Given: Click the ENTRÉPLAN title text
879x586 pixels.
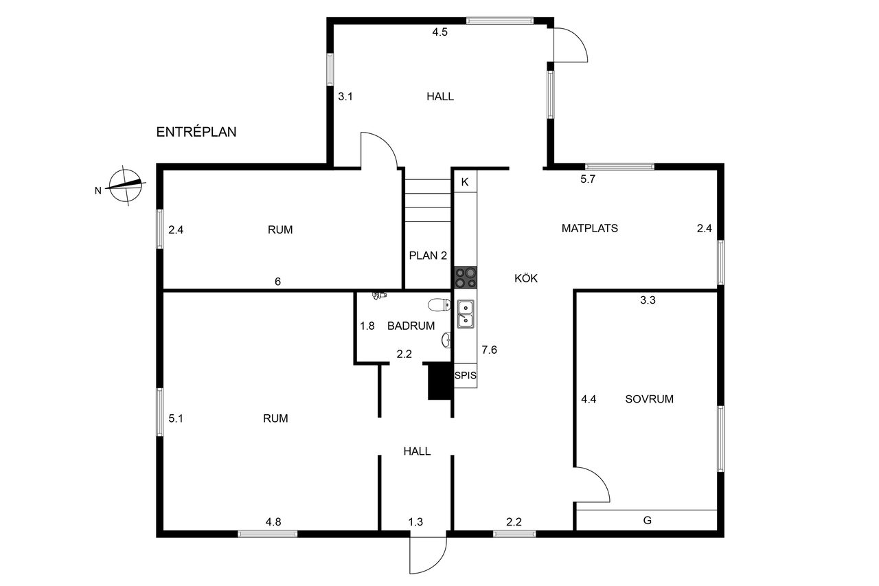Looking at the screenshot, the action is (x=196, y=132).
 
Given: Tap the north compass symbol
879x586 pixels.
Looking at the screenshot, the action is (x=125, y=185).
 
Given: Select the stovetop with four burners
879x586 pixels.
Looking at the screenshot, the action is (x=466, y=278).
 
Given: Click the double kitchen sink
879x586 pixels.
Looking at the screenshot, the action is (x=466, y=314).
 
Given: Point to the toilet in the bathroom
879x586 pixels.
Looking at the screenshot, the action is (x=439, y=304).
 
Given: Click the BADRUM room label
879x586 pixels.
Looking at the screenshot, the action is (x=411, y=326).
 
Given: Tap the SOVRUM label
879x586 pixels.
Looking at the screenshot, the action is (x=649, y=399).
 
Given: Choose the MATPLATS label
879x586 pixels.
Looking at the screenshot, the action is (x=589, y=229).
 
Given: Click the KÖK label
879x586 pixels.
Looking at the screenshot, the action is (x=526, y=278).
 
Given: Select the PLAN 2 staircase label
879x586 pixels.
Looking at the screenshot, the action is (x=428, y=256).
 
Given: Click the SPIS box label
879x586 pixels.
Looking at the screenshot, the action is (x=466, y=376).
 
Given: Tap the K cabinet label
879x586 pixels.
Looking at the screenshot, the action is (x=465, y=182).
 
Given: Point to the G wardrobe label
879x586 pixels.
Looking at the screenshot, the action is (x=648, y=521).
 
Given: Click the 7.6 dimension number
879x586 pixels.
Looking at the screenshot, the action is (x=490, y=350).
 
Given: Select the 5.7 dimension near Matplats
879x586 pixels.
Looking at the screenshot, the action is (x=588, y=179).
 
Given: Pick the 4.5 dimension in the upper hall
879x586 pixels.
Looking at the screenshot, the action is (x=440, y=32).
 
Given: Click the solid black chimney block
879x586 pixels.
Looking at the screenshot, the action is (x=440, y=381).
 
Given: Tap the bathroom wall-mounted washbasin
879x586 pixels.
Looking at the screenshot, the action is (x=446, y=340).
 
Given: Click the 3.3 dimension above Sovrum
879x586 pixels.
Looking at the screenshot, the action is (x=648, y=300).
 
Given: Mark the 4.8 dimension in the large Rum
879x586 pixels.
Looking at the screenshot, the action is (x=273, y=522).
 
